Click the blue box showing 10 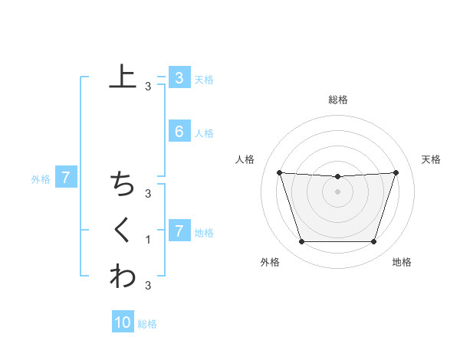[x=123, y=322]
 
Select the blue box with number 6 [x=179, y=132]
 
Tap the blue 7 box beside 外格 [x=66, y=178]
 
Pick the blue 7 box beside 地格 [x=179, y=231]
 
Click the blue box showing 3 [x=179, y=77]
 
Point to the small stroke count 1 [x=148, y=240]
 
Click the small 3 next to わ [x=148, y=285]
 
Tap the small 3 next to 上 [x=148, y=87]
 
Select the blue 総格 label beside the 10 [x=147, y=324]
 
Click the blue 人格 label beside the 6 [x=204, y=133]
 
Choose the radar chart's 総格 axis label [x=337, y=100]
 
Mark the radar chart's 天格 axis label [x=431, y=159]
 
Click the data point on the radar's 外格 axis [x=301, y=242]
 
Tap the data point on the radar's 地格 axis [x=373, y=242]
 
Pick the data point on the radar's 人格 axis [x=279, y=172]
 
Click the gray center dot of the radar [x=337, y=191]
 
